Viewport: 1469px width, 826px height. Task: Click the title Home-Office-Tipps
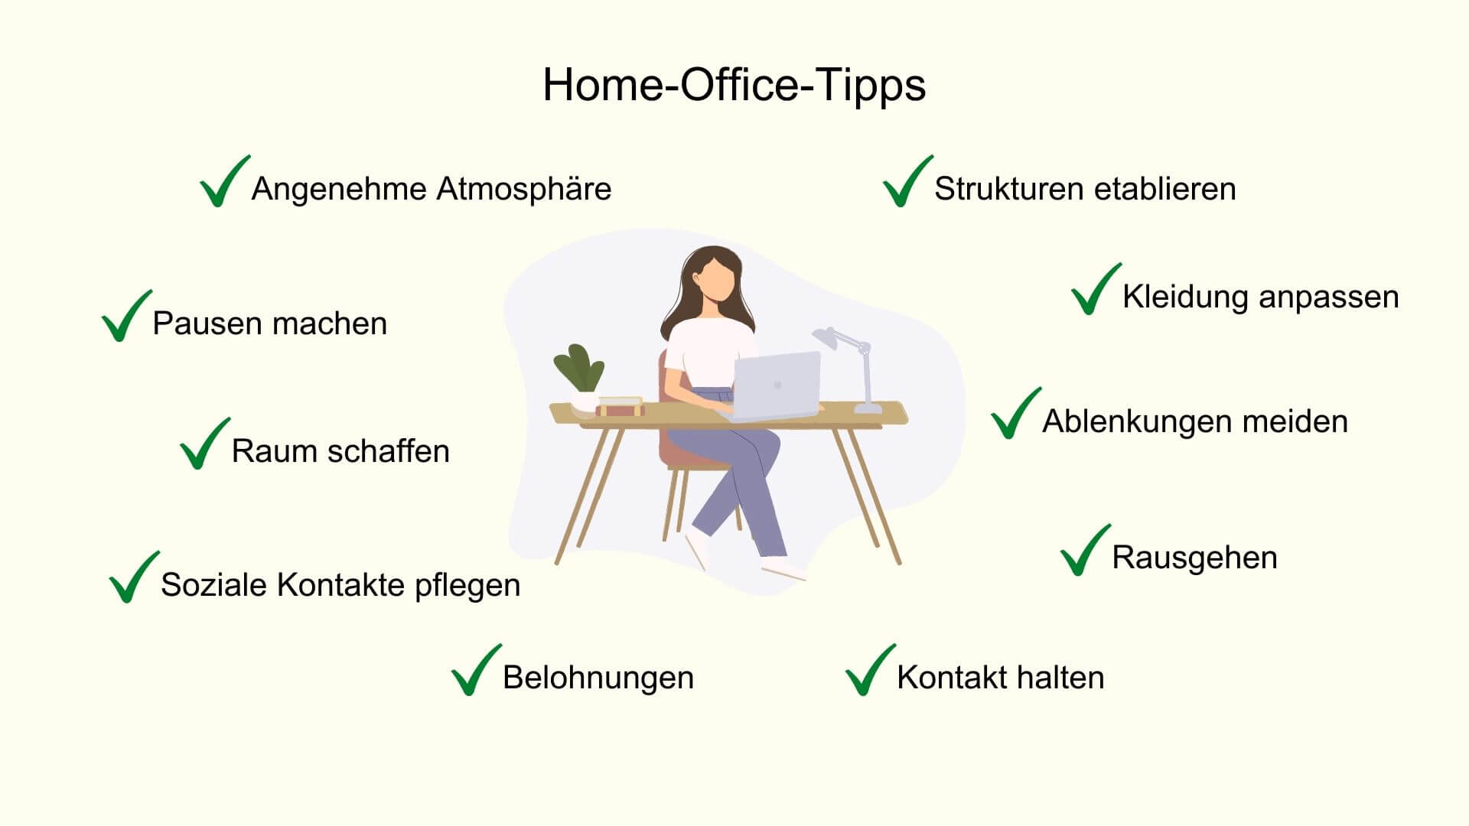pos(734,86)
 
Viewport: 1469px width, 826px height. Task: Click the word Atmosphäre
pos(523,189)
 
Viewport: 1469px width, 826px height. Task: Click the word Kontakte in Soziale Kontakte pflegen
pos(340,585)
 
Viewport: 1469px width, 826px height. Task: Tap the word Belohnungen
pos(598,678)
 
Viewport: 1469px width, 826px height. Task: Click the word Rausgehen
pos(1194,558)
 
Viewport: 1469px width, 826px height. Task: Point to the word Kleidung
pos(1185,298)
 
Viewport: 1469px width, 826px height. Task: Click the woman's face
pos(718,279)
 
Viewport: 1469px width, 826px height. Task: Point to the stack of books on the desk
pos(620,406)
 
